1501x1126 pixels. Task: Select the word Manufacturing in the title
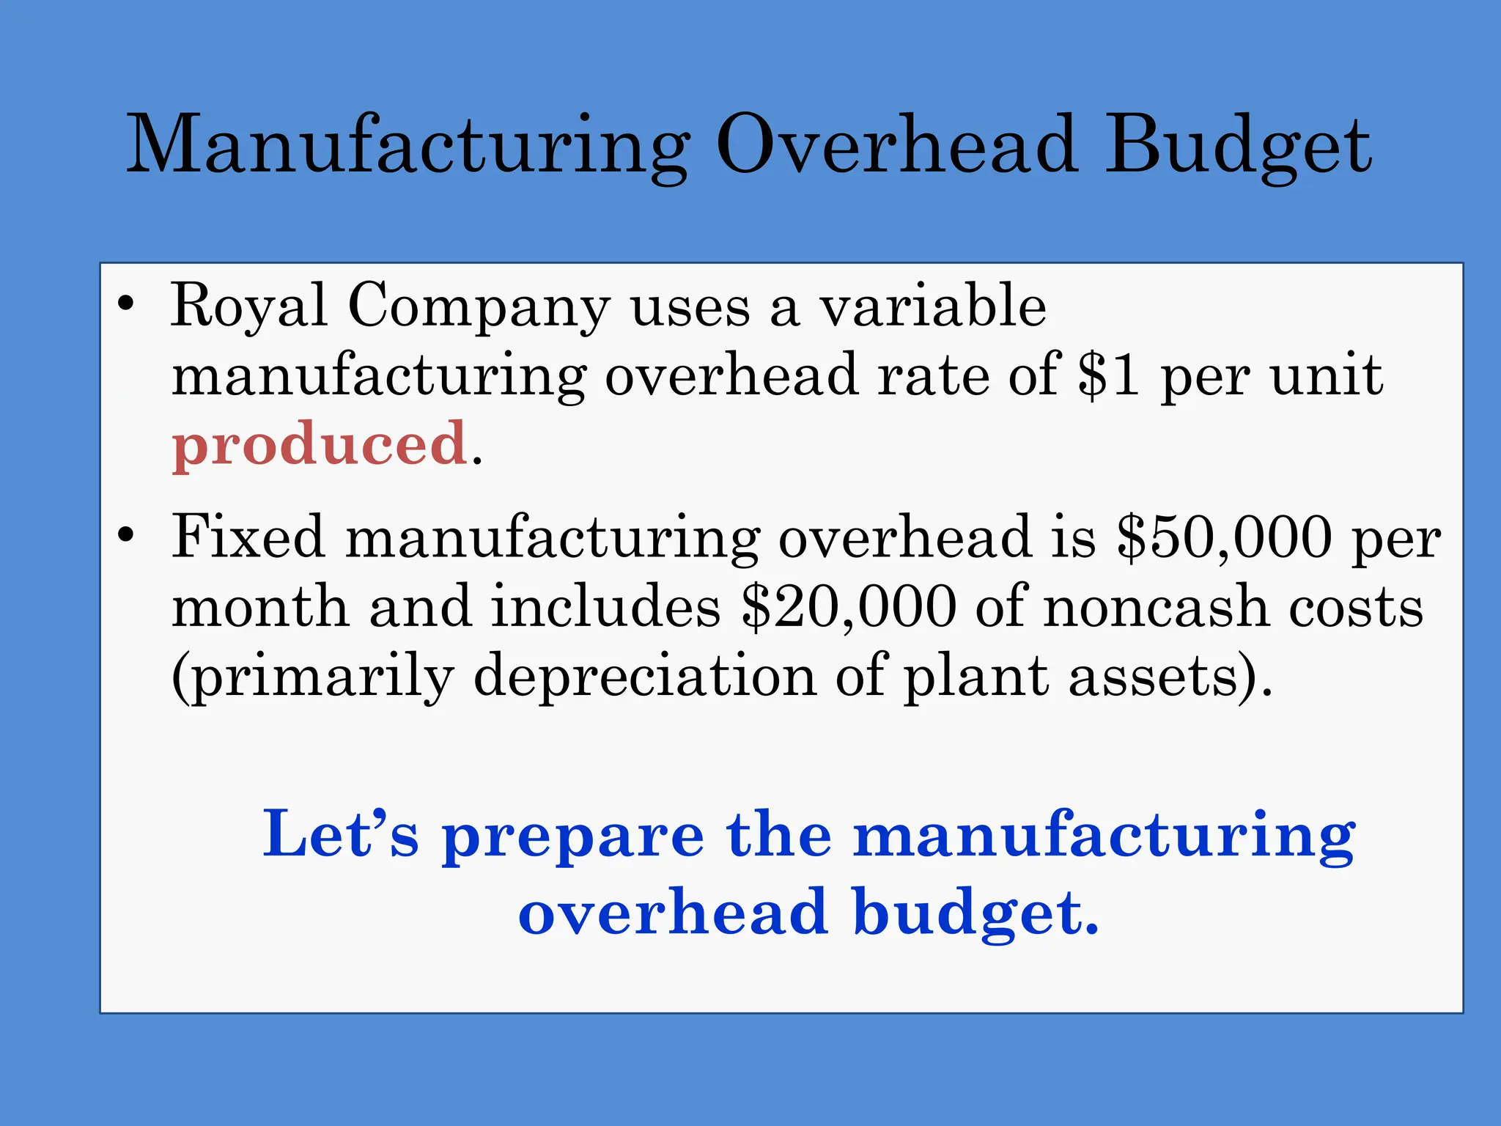[x=407, y=147]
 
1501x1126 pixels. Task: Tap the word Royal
[x=248, y=306]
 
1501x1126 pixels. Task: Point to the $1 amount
[x=1108, y=375]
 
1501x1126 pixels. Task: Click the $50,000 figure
[x=1224, y=537]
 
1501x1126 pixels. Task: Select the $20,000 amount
[x=849, y=607]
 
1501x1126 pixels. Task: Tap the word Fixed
[x=248, y=537]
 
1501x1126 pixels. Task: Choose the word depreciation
[x=645, y=676]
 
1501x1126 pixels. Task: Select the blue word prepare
[x=572, y=836]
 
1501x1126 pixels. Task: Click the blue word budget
[x=976, y=913]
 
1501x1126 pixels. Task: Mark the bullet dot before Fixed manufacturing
[x=126, y=535]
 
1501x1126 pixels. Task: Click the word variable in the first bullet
[x=932, y=306]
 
